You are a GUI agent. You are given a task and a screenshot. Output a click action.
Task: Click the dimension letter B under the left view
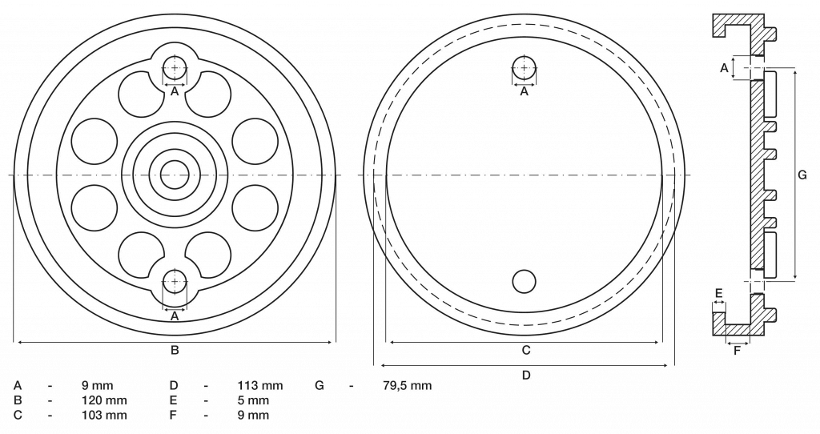[175, 350]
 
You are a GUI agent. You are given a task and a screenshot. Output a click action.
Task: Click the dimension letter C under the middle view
[526, 350]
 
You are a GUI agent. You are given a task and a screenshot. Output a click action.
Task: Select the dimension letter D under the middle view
[526, 375]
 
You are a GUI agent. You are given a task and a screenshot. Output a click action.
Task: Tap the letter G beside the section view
[802, 175]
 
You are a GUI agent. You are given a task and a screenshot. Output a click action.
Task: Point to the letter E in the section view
[718, 293]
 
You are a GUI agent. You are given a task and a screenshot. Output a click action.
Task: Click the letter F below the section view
[737, 351]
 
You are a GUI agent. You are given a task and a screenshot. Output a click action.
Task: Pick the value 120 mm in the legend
[104, 400]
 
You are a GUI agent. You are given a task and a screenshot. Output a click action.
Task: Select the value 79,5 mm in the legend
[406, 386]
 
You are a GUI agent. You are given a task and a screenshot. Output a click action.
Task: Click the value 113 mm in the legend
[260, 386]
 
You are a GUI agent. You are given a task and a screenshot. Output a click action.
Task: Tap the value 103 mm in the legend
[104, 415]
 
